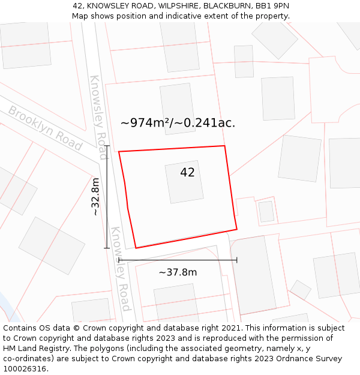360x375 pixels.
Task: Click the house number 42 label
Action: click(x=187, y=173)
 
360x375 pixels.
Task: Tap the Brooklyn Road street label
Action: click(x=44, y=128)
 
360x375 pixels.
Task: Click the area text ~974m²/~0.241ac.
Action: click(x=178, y=123)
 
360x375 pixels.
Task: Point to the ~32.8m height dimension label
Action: click(x=95, y=197)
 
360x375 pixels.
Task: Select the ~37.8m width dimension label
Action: click(x=178, y=272)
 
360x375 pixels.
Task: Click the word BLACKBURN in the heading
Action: click(x=229, y=6)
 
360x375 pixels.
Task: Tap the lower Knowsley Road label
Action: click(x=121, y=269)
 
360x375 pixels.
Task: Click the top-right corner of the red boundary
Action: click(x=224, y=146)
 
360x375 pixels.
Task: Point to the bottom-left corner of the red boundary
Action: click(x=136, y=248)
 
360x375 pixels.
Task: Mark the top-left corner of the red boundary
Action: click(x=119, y=152)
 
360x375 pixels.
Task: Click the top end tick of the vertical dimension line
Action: click(x=107, y=146)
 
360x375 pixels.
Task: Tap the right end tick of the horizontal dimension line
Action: click(x=237, y=260)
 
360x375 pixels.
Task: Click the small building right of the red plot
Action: click(x=266, y=211)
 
